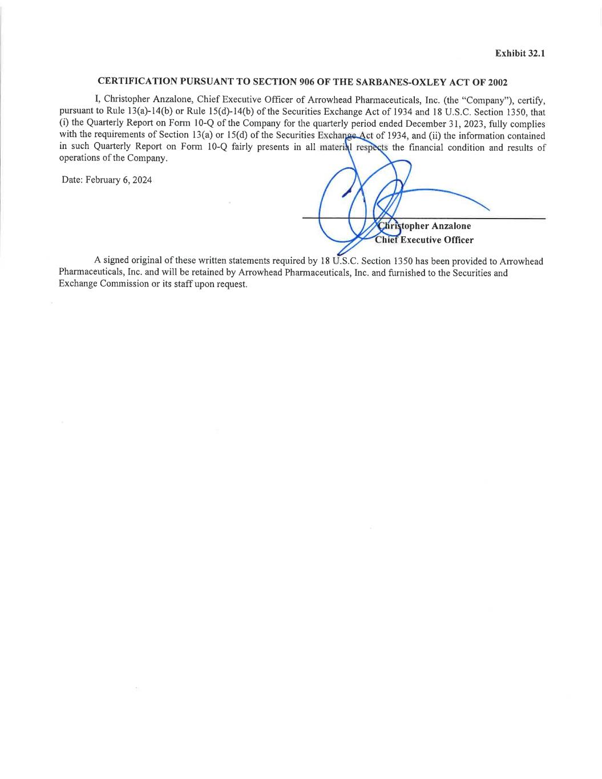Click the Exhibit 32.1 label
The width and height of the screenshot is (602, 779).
(x=520, y=53)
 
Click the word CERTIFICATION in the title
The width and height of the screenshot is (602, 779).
(x=138, y=82)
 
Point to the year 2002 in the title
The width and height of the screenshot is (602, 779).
(x=498, y=82)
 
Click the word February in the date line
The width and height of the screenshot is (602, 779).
(x=103, y=180)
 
